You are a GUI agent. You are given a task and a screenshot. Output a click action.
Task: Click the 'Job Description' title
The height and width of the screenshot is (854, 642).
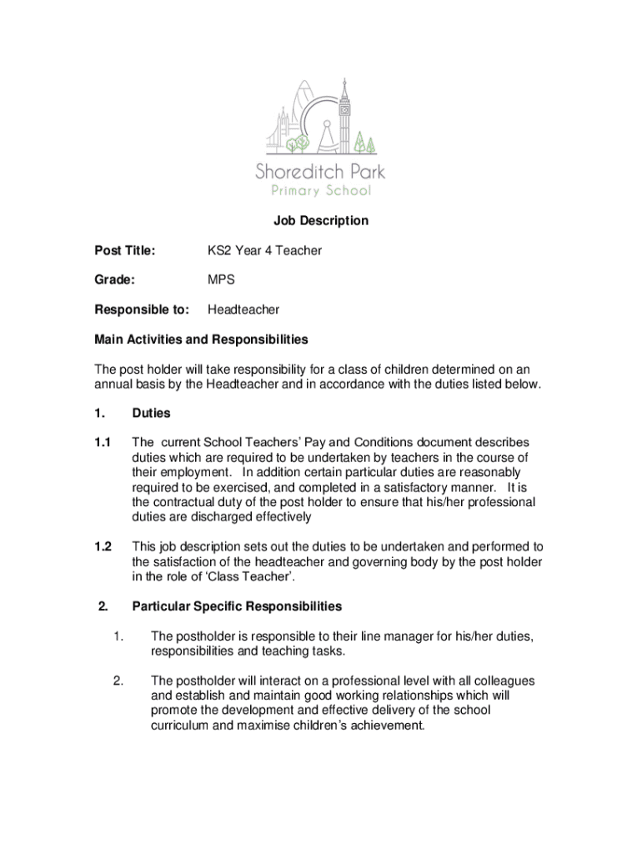pos(320,221)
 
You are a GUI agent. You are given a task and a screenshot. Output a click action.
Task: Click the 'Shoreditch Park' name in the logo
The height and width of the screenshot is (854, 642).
pos(320,173)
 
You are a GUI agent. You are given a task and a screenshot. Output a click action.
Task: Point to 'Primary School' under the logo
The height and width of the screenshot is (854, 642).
pos(320,191)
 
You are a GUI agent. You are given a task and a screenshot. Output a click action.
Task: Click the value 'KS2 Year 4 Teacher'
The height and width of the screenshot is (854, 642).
pos(264,250)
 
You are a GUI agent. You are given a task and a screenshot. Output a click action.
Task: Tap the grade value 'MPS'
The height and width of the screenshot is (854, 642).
pos(221,280)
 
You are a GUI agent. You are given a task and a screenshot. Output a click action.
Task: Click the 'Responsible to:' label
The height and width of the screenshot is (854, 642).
pos(142,309)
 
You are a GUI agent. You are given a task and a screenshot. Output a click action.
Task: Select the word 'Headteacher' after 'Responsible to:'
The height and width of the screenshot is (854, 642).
pos(243,309)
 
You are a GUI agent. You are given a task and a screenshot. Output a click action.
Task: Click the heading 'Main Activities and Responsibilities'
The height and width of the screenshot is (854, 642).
pos(201,339)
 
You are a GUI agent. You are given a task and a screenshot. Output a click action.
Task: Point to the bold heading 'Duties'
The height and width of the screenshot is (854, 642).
pos(151,413)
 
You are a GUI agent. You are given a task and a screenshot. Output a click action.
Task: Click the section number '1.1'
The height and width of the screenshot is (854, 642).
pos(103,442)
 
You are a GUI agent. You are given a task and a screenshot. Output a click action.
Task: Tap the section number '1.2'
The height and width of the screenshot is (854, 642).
pos(103,546)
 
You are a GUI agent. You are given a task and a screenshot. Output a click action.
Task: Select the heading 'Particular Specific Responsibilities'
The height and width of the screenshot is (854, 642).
pos(237,606)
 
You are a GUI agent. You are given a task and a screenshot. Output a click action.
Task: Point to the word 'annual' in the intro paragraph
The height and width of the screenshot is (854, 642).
pos(112,384)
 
